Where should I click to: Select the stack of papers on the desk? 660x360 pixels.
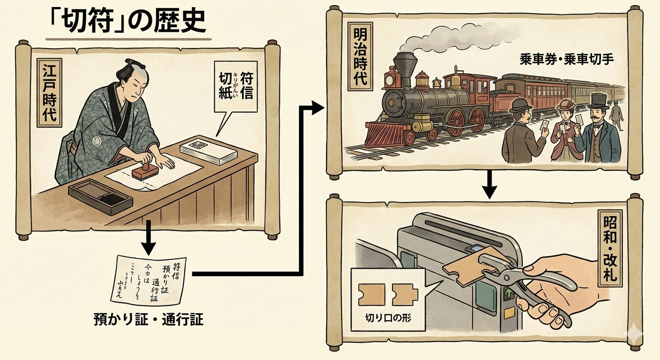click(x=202, y=150)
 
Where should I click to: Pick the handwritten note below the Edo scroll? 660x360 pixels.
click(x=150, y=278)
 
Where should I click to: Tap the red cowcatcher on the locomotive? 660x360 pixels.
click(x=384, y=134)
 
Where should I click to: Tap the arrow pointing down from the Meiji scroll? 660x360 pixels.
click(x=489, y=185)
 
